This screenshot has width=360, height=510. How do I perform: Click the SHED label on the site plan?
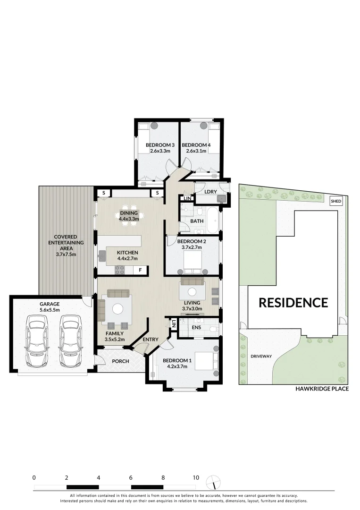(336, 201)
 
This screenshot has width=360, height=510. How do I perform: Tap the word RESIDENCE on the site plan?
(293, 302)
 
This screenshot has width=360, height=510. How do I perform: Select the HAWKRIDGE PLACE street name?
(322, 389)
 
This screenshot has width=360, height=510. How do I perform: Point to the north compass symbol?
(214, 482)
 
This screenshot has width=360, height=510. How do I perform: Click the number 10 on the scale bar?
(196, 477)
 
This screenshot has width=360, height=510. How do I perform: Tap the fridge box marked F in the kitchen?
(140, 271)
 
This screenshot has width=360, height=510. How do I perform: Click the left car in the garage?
(37, 341)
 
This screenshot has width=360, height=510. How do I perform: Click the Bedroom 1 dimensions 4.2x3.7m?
(177, 368)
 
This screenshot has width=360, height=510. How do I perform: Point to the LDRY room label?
(210, 191)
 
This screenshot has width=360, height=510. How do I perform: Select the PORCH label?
(120, 361)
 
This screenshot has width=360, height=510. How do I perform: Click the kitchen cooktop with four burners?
(120, 271)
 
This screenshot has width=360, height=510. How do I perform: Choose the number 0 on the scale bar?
(34, 477)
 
